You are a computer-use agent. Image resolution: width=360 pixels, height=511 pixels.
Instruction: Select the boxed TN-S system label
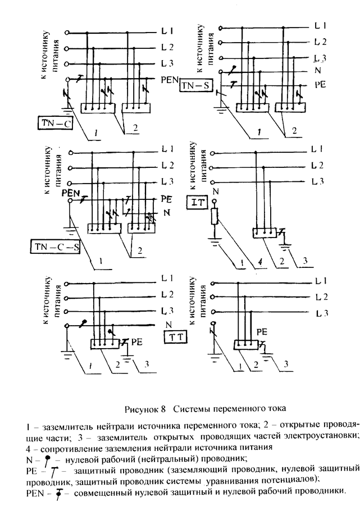[195, 85]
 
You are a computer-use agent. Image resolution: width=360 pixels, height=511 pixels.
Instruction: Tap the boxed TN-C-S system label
[54, 247]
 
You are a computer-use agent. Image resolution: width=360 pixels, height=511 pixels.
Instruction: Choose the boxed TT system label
[175, 337]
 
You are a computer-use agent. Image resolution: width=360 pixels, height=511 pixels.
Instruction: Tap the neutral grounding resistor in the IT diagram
[214, 217]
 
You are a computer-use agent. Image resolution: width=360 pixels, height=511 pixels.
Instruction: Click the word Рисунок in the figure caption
[142, 407]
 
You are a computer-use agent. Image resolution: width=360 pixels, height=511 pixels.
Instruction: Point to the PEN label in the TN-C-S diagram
[71, 193]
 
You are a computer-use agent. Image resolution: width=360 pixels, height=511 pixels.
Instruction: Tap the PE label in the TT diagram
[137, 341]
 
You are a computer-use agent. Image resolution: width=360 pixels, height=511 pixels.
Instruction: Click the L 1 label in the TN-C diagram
[167, 30]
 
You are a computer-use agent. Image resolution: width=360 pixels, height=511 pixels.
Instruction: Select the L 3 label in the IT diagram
[318, 181]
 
